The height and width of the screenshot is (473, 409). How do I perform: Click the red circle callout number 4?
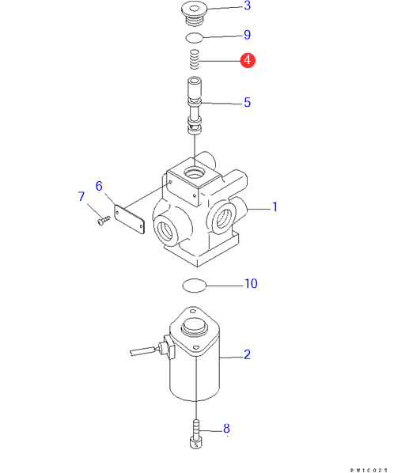tap(248, 60)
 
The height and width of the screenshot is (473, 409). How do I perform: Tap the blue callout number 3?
tap(247, 6)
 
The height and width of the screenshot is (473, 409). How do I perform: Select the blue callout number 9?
tap(247, 35)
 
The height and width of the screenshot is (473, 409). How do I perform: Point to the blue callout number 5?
tap(247, 102)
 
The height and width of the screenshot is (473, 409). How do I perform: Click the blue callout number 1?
tap(275, 207)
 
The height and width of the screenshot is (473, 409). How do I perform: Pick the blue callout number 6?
tap(99, 186)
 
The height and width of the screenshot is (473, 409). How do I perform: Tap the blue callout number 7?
tap(81, 196)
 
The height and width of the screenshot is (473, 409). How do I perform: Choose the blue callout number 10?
tap(251, 283)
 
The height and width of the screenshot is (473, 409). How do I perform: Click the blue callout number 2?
tap(247, 354)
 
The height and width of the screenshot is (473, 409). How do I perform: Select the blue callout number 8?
tap(226, 429)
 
